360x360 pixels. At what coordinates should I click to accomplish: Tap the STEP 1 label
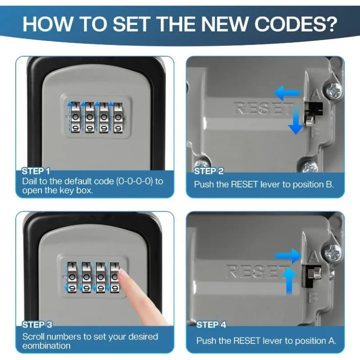point(36,171)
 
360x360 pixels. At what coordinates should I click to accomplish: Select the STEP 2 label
point(208,171)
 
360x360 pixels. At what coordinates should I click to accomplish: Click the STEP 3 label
point(37,324)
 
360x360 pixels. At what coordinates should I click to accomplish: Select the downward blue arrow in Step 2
point(296,120)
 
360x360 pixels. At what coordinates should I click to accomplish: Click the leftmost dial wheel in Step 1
point(76,117)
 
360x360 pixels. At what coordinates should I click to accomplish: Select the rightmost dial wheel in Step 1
point(117,117)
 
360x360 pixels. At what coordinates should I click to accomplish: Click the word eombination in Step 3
point(46,346)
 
